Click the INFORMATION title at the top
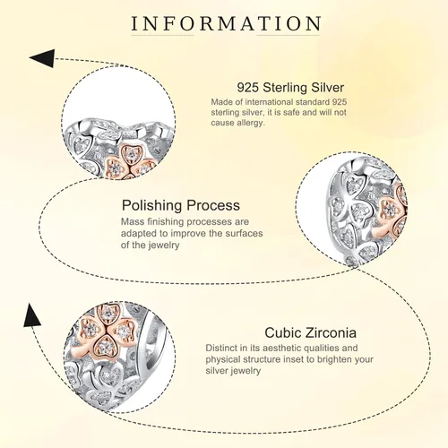226,23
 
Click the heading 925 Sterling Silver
290,88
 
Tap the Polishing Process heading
181,206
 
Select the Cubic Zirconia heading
310,332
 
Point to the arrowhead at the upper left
43,58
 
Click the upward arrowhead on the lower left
31,314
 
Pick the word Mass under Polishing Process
133,222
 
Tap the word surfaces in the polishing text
244,233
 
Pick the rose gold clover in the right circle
392,212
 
